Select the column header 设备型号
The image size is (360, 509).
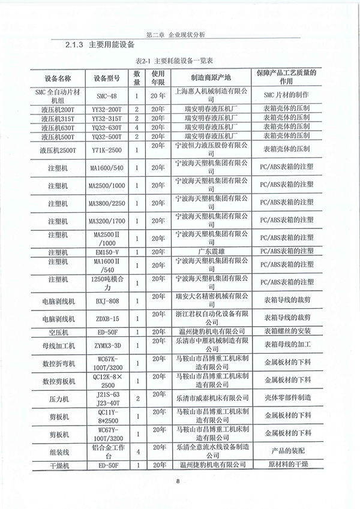tap(107, 79)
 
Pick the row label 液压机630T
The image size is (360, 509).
tap(58, 128)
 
